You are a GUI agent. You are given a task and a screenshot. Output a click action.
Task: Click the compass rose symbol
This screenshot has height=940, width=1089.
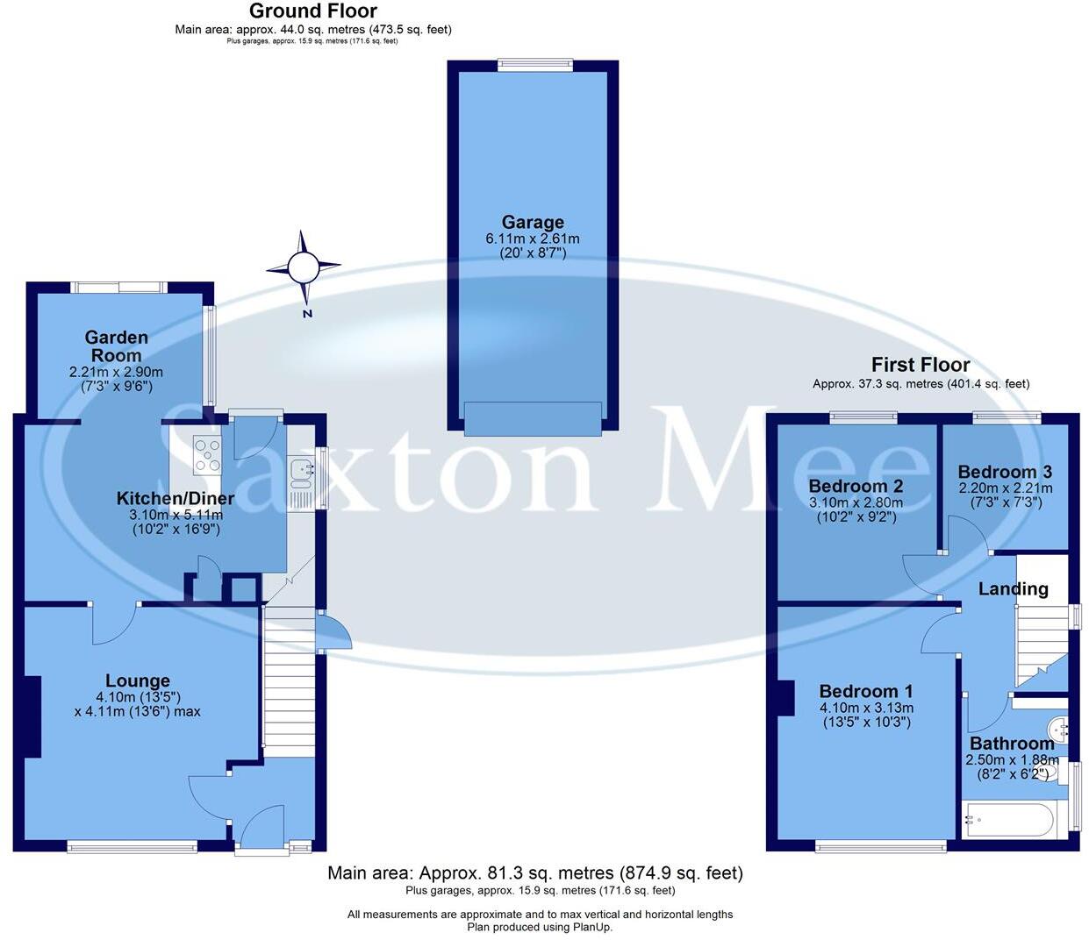(304, 266)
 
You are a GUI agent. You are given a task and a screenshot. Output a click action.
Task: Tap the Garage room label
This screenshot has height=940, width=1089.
(533, 222)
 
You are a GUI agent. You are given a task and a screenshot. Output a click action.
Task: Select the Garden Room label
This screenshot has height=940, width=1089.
(116, 346)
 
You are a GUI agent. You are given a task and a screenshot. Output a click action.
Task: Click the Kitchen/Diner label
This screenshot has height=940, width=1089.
(176, 499)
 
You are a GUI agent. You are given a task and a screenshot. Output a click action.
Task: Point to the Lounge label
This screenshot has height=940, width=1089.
(138, 680)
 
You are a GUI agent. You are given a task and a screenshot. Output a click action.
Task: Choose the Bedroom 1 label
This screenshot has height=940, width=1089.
(859, 691)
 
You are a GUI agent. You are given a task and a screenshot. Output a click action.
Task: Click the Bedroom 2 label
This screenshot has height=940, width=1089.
(856, 486)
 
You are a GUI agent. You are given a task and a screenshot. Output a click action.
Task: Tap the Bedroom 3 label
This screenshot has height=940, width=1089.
(1005, 472)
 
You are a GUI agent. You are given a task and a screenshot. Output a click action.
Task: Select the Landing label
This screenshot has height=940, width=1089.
(1014, 588)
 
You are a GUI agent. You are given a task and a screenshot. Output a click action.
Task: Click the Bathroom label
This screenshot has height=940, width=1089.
(1012, 744)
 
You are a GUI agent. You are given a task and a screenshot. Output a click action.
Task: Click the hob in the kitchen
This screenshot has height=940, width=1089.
(208, 455)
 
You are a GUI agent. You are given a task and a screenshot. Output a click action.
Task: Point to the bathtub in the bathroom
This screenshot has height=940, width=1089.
(1007, 821)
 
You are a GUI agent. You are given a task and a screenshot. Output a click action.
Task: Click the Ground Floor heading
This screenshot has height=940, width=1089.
(313, 11)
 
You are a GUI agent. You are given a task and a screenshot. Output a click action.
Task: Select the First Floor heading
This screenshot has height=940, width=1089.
(921, 365)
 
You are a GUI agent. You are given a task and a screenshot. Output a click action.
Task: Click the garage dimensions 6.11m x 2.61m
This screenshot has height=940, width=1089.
(533, 239)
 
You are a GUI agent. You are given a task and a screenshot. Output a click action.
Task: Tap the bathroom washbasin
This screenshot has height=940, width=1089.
(1059, 727)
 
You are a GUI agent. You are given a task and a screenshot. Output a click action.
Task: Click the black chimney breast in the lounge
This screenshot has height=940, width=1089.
(32, 716)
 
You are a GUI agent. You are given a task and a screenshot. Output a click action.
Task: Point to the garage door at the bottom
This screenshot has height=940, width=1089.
(533, 418)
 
